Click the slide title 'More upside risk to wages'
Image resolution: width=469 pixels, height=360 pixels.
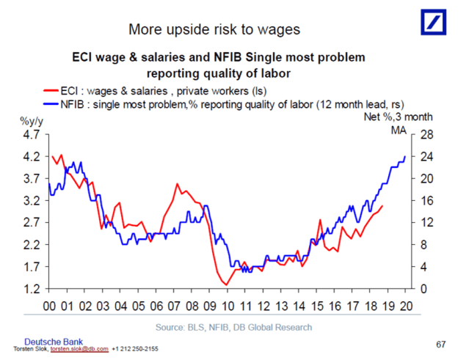pos(214,30)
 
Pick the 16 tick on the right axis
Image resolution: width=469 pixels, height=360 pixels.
pos(427,201)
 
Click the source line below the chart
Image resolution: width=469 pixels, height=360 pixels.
pos(233,327)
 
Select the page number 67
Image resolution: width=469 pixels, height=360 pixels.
pos(440,344)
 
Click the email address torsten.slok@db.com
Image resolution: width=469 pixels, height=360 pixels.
pos(80,350)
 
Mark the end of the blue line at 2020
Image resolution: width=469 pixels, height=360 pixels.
pos(406,156)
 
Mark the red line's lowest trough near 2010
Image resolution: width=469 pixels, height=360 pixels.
pos(227,284)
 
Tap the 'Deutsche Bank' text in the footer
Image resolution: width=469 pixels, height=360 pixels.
pos(54,342)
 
